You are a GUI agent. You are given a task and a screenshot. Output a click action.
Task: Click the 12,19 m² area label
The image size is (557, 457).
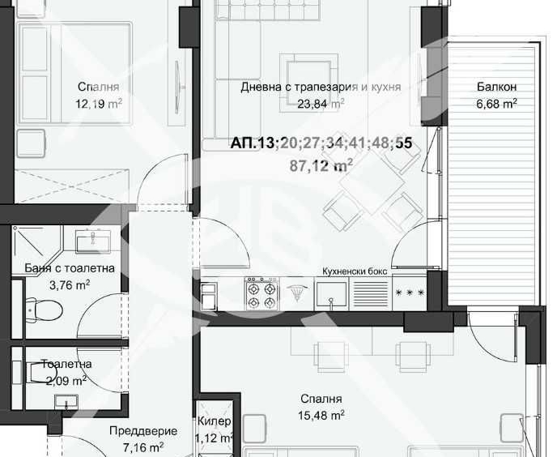tap(99, 104)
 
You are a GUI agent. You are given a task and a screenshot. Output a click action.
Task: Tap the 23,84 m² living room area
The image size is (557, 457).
tap(321, 103)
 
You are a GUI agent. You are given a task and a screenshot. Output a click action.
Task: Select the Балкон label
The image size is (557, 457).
tap(496, 87)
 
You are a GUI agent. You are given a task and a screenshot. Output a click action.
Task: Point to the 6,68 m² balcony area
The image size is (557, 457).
tap(496, 103)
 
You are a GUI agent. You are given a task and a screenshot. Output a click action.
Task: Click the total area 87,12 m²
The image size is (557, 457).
tap(321, 165)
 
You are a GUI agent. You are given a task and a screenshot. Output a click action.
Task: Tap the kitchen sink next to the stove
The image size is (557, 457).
tap(332, 293)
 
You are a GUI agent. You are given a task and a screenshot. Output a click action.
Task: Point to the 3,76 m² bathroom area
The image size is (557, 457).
tap(70, 284)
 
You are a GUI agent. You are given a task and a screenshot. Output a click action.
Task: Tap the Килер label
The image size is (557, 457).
tap(215, 422)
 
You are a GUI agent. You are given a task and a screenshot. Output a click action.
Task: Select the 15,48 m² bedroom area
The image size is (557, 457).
tap(321, 415)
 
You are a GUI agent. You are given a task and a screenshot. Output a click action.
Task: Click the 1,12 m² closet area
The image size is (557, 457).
tap(215, 438)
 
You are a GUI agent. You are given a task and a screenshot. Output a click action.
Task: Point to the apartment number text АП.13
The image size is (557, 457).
tap(253, 143)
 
